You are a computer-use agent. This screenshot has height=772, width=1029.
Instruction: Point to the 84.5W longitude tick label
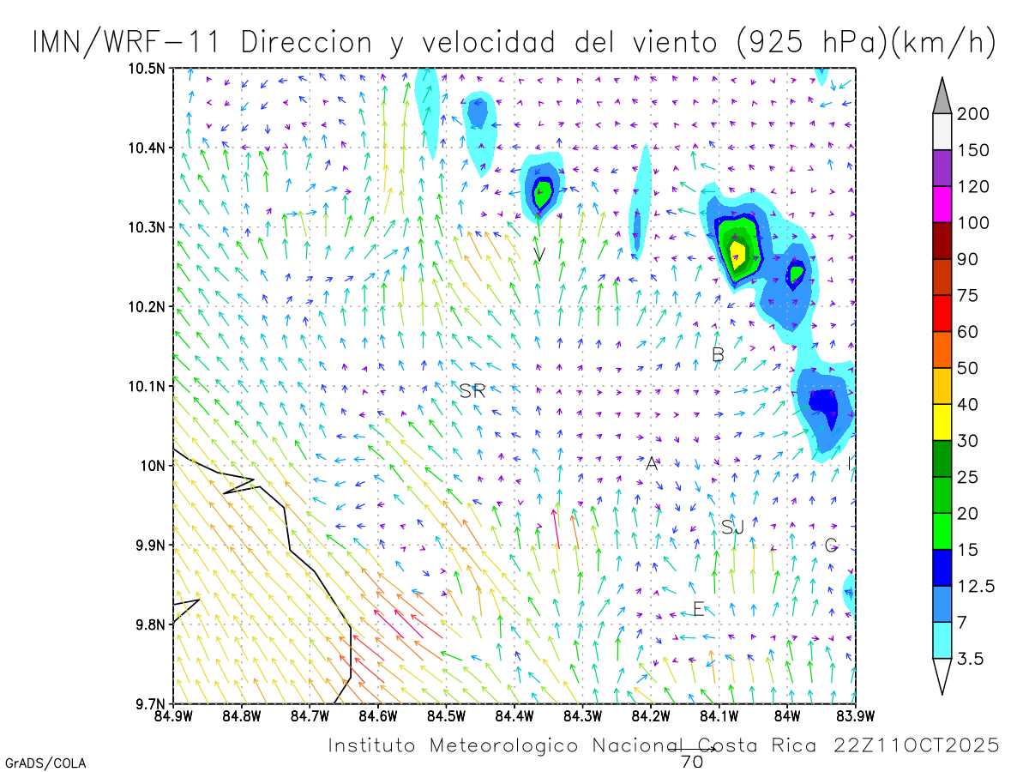446,715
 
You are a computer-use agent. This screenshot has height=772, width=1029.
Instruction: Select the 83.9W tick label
855,715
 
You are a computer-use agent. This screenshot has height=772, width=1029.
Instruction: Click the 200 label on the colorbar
973,114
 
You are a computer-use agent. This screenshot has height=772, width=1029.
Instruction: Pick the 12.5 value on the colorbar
978,586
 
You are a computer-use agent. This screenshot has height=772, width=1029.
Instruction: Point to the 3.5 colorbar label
971,659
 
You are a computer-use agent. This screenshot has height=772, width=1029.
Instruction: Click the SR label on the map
472,392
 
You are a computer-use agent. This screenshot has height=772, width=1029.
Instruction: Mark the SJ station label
732,528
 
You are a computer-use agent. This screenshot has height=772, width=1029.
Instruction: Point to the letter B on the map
719,354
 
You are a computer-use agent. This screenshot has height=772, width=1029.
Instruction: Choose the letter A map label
652,464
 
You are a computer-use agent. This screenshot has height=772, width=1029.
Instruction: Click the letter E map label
698,610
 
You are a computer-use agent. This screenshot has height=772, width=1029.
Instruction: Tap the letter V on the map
539,254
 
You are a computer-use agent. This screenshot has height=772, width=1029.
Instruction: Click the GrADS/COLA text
45,763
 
